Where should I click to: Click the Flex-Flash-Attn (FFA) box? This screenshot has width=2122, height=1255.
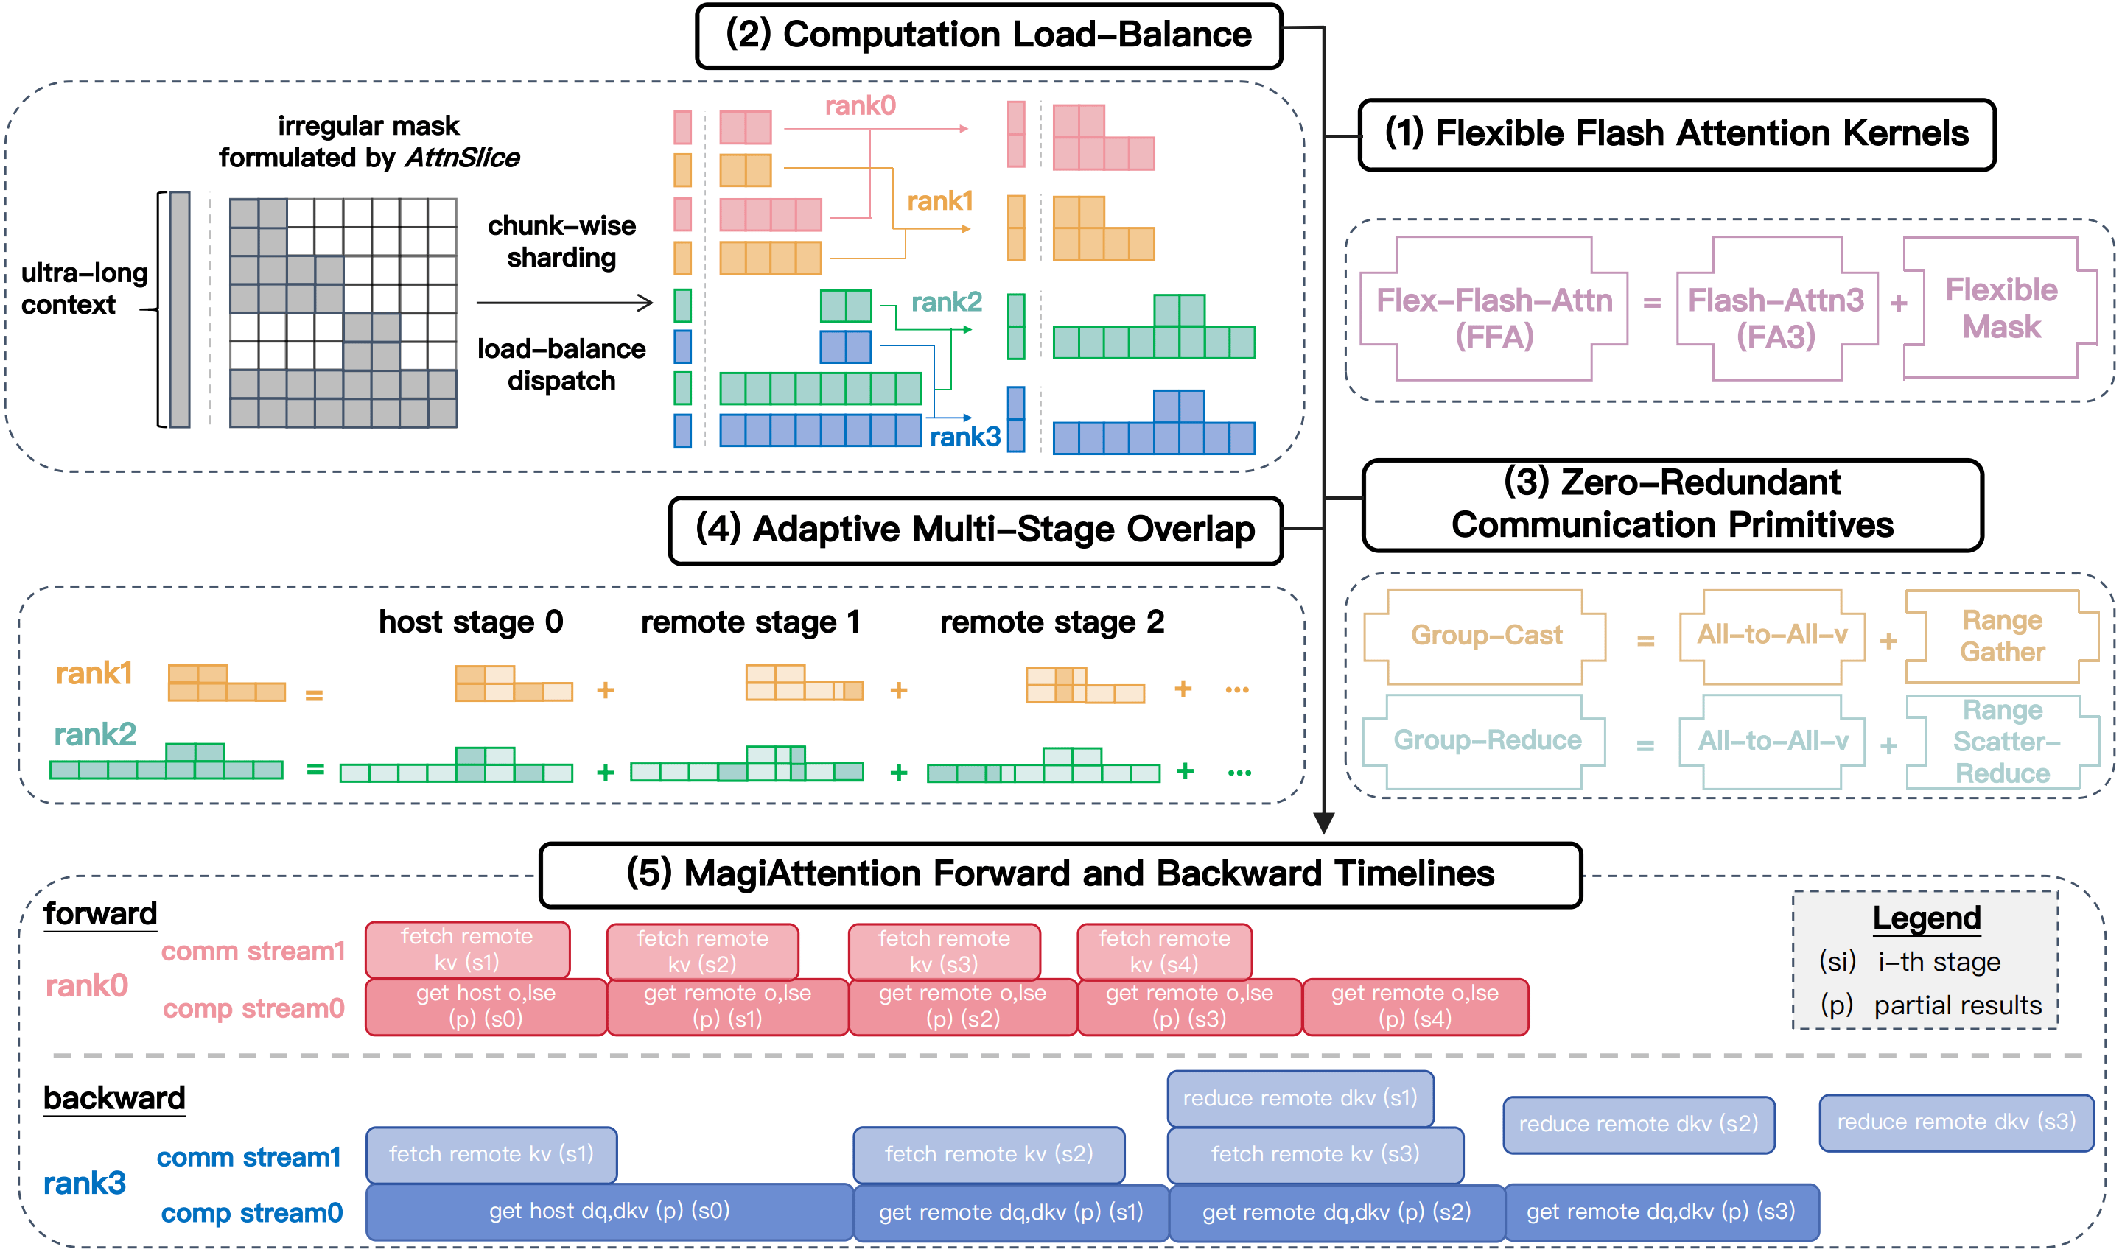[x=1494, y=309]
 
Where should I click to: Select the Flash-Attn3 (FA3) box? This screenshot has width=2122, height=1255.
[x=1776, y=309]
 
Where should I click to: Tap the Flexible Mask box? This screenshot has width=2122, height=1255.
[x=2000, y=308]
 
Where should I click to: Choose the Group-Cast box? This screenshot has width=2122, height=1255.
[x=1486, y=636]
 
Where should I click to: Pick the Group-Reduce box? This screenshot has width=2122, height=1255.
[x=1486, y=741]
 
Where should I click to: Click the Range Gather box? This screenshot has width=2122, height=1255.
[x=2002, y=636]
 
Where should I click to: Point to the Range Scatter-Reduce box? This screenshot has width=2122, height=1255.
[x=2002, y=742]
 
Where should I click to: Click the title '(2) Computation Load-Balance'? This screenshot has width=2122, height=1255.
[x=988, y=35]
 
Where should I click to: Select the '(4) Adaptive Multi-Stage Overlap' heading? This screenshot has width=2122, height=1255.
[x=975, y=530]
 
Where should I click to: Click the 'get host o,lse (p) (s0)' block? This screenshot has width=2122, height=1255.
[x=486, y=1006]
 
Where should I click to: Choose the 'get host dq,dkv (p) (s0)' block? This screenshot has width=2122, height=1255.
[x=609, y=1211]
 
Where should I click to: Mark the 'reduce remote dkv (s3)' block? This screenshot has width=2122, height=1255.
[x=1955, y=1122]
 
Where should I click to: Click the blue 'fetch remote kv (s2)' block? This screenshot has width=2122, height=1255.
[x=988, y=1154]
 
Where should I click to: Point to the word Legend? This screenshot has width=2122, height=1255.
[x=1926, y=918]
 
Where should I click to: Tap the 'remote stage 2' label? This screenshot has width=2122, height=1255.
[x=1051, y=622]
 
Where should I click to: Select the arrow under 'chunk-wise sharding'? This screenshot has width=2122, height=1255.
[x=564, y=302]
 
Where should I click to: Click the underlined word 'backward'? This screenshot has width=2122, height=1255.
[x=114, y=1099]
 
